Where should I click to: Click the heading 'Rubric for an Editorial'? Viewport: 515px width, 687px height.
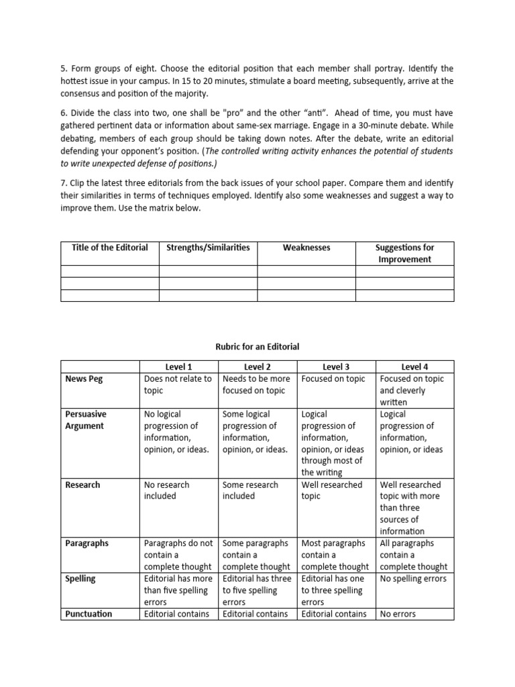[257, 347]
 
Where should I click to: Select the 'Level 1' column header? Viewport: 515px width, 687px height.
[178, 367]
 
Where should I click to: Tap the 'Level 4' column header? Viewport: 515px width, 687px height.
[414, 367]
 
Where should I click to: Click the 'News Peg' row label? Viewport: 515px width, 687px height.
[84, 379]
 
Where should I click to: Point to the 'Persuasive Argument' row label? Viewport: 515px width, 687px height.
[85, 420]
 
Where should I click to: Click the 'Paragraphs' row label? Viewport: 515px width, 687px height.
[87, 543]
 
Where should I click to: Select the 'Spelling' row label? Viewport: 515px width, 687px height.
[80, 578]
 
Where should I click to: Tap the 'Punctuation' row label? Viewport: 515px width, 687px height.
[89, 614]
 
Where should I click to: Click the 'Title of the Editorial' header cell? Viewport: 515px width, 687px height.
[110, 248]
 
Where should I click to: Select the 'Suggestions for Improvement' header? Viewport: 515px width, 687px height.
[404, 254]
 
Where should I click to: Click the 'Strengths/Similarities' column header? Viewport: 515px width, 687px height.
[208, 248]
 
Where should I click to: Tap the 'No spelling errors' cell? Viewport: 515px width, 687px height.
[413, 578]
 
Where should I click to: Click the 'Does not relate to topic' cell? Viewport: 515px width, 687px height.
[178, 384]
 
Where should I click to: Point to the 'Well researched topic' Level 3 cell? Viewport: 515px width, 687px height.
[331, 490]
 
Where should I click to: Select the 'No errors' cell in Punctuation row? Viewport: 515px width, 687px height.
[398, 614]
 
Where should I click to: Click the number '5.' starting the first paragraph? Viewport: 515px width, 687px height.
[64, 69]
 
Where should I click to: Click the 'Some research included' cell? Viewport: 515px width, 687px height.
[250, 490]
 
